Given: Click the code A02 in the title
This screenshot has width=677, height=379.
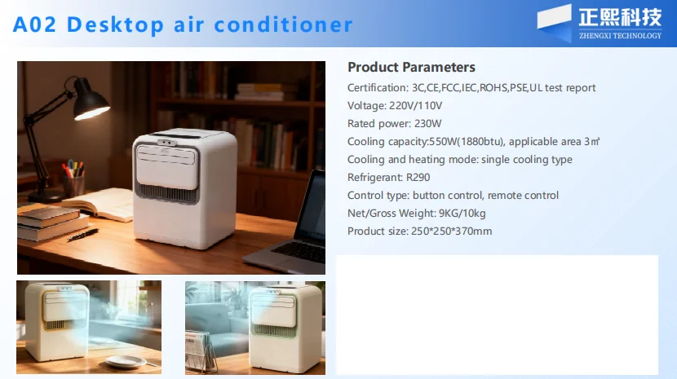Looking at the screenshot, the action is point(34,24).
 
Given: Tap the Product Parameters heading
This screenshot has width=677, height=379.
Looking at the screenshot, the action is point(411,68).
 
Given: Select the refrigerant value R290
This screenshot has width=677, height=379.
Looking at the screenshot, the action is point(418,178).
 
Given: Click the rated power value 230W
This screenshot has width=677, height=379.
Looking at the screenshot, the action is point(427,124).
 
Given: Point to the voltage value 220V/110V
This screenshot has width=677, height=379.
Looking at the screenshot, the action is point(415,106).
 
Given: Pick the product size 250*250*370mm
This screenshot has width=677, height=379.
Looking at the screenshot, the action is point(451,231).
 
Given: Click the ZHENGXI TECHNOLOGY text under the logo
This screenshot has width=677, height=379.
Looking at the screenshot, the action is point(620,36).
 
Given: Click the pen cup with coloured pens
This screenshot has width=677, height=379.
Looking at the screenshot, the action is point(73,180).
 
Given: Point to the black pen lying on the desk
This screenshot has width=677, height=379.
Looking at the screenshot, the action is point(83,235).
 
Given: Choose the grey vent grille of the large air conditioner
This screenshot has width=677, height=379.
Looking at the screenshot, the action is point(166,193).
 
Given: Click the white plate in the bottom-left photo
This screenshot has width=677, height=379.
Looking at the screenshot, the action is point(126,361).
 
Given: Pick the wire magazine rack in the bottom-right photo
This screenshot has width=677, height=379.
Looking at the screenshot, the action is point(201,353).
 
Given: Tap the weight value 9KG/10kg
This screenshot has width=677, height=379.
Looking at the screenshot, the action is point(462,214).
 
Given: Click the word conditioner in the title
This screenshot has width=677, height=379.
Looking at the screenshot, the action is point(283,24).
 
